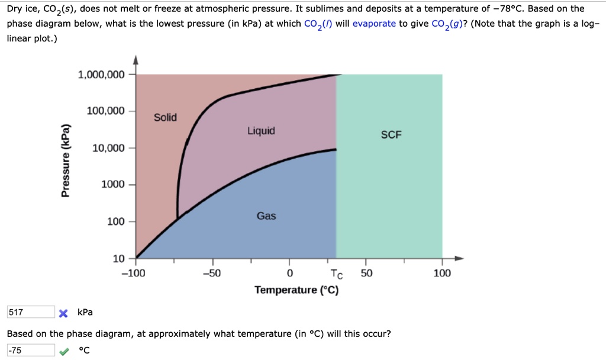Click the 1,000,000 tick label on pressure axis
pyautogui.click(x=101, y=75)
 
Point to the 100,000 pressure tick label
pyautogui.click(x=105, y=111)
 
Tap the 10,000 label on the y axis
pyautogui.click(x=108, y=148)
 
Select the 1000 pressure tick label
pyautogui.click(x=113, y=185)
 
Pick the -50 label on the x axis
pyautogui.click(x=211, y=273)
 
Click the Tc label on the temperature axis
pyautogui.click(x=336, y=274)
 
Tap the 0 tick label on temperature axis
pyautogui.click(x=289, y=273)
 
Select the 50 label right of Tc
pyautogui.click(x=367, y=273)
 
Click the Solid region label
pyautogui.click(x=165, y=117)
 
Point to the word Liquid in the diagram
pyautogui.click(x=261, y=131)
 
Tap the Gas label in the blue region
pyautogui.click(x=266, y=216)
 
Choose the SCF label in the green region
pyautogui.click(x=391, y=135)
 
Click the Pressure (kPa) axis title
pyautogui.click(x=66, y=160)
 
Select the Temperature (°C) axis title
pyautogui.click(x=296, y=290)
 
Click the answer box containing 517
pyautogui.click(x=30, y=312)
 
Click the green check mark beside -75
pyautogui.click(x=65, y=351)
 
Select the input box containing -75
pyautogui.click(x=30, y=350)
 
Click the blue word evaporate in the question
pyautogui.click(x=374, y=24)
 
